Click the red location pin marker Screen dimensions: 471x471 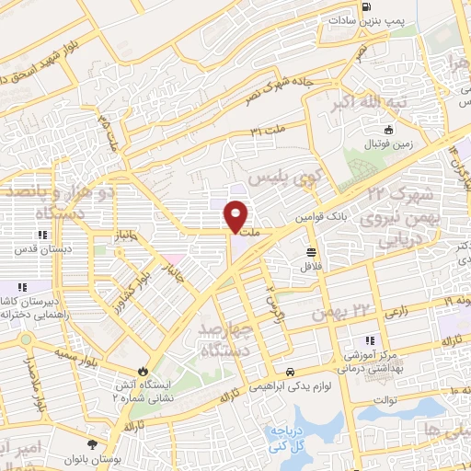click(235, 215)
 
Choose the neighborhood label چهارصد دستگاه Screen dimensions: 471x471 click(223, 339)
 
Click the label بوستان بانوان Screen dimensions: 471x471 click(90, 457)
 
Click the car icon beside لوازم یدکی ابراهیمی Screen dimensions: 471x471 click(291, 373)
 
